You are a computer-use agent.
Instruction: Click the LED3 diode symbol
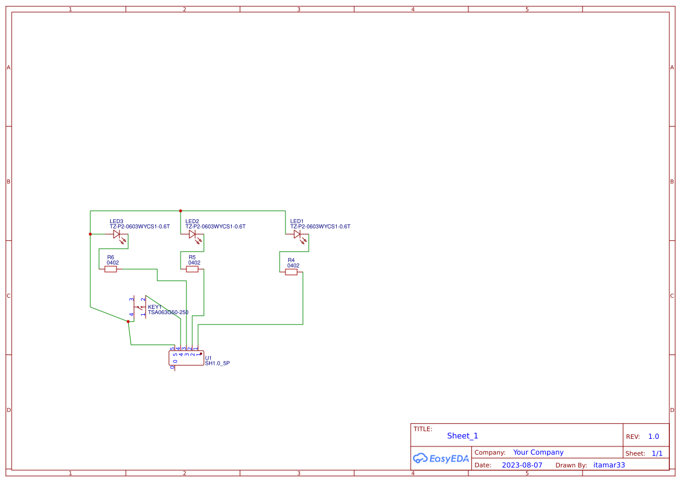point(117,234)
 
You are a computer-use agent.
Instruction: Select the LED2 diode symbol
point(193,234)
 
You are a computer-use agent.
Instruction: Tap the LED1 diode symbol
point(298,234)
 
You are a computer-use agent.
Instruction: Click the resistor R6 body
point(111,269)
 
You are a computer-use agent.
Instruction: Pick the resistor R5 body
point(192,269)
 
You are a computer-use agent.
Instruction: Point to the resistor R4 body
point(291,272)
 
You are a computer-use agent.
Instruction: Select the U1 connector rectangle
point(186,358)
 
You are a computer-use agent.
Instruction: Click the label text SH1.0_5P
point(217,363)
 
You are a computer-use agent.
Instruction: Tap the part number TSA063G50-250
point(168,312)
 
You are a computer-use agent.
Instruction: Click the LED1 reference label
point(297,221)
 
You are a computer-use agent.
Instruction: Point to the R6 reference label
point(111,257)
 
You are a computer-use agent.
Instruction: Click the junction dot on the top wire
point(181,211)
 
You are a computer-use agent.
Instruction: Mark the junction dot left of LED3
point(90,234)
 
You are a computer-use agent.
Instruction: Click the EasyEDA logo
point(441,459)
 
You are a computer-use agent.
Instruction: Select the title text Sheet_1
point(463,436)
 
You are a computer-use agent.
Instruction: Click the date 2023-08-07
point(522,465)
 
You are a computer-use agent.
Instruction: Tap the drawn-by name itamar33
point(609,465)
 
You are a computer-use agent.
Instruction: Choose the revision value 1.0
point(654,437)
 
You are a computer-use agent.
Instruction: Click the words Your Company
point(538,452)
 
